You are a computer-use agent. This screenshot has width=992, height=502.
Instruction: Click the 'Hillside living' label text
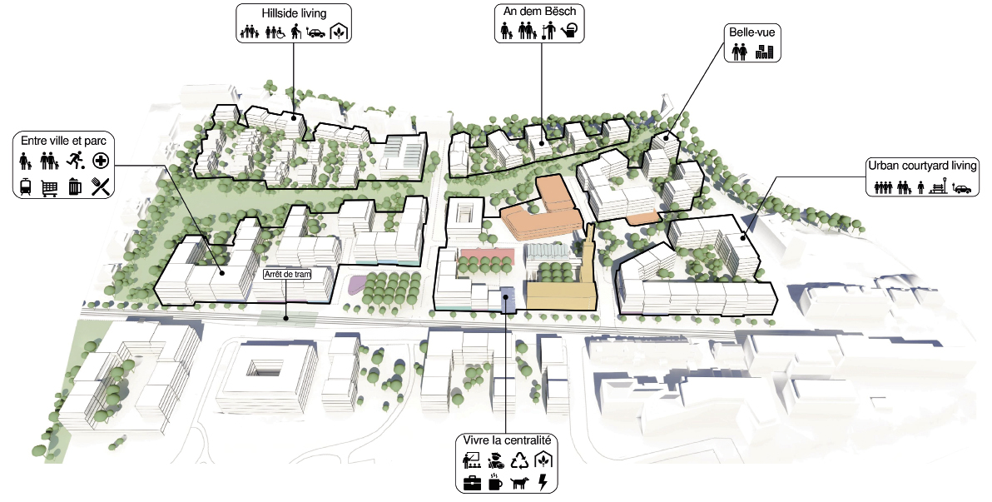coord(294,13)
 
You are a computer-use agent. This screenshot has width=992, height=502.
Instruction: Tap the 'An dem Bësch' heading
coord(539,11)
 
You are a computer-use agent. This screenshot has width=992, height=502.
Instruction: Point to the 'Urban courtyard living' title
coord(919,165)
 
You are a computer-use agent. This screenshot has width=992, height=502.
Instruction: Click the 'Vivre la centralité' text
coord(505,440)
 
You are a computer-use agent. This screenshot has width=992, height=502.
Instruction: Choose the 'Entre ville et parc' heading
coord(63,140)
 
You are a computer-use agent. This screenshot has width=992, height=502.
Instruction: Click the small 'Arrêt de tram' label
coord(285,273)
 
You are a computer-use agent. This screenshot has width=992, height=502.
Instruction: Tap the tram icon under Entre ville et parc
coord(26,186)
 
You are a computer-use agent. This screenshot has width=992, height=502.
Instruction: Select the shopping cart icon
coord(51,187)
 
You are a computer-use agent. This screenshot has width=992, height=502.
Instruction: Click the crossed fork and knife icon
coord(102,186)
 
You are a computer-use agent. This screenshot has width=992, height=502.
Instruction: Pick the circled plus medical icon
coord(101,160)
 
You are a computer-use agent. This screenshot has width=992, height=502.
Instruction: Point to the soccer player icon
coord(75,160)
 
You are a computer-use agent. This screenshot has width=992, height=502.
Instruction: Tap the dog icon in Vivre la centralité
coord(520,482)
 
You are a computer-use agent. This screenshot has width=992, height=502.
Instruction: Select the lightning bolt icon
coord(543,482)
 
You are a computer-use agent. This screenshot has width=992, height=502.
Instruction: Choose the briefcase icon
coord(472,482)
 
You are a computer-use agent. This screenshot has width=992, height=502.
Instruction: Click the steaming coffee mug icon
coord(495,482)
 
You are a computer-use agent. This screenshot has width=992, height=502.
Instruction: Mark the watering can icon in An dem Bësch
coord(569,32)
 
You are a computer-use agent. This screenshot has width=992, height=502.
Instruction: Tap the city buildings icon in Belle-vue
coord(764,52)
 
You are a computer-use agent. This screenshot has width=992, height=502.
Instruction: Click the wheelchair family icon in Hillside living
coord(275,32)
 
